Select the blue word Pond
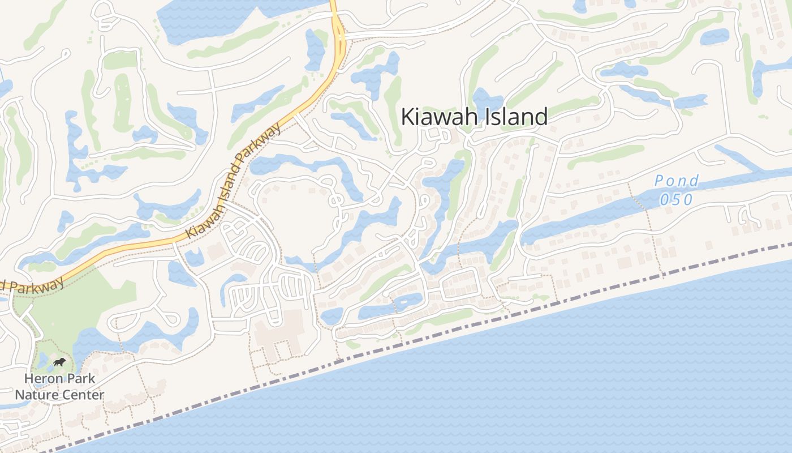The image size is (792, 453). [677, 181]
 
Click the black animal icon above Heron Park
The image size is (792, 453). [59, 362]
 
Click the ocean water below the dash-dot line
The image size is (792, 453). [509, 385]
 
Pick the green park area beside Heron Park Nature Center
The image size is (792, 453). [96, 300]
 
